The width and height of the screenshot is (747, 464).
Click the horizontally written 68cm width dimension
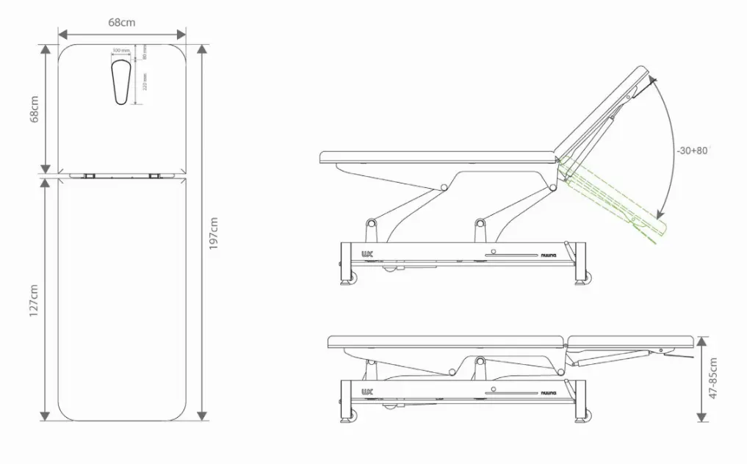[122, 22]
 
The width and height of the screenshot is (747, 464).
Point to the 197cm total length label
[214, 233]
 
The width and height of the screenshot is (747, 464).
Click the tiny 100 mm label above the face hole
[121, 51]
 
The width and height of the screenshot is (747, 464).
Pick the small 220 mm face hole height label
[145, 81]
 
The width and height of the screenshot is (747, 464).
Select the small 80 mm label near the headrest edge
[145, 52]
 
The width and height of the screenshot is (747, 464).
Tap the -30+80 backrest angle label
[693, 151]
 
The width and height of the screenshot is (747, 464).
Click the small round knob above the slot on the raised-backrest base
[494, 250]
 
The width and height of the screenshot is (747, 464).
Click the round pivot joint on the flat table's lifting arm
[480, 361]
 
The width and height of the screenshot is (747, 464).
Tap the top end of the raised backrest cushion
[642, 72]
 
